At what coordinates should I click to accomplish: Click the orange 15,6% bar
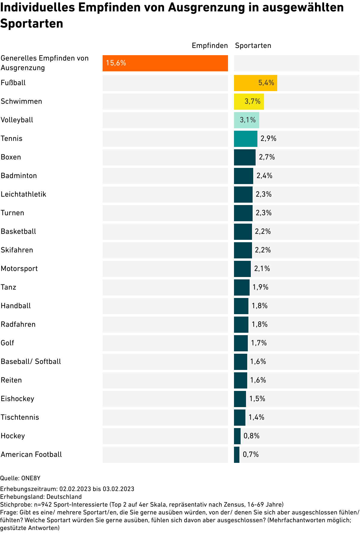click(165, 63)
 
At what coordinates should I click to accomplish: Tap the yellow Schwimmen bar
click(249, 101)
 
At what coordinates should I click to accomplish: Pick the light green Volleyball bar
click(246, 120)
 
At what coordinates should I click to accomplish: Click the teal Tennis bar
click(245, 138)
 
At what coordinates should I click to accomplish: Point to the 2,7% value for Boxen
click(267, 157)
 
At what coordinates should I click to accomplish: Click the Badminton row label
click(19, 176)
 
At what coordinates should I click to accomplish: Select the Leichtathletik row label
click(23, 194)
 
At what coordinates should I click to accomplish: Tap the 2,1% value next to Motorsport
click(262, 269)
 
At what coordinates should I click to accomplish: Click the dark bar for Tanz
click(241, 287)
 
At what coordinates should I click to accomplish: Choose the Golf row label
click(7, 343)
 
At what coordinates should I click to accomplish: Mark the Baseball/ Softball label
click(31, 362)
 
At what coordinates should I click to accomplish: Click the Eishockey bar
click(240, 399)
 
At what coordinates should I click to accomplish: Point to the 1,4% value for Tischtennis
click(256, 417)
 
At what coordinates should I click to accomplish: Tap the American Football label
click(31, 454)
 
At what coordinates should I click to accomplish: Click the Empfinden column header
click(210, 46)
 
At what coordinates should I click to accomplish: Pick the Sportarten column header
click(253, 46)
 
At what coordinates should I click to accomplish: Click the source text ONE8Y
click(31, 478)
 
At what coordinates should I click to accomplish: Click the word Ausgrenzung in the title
click(206, 7)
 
